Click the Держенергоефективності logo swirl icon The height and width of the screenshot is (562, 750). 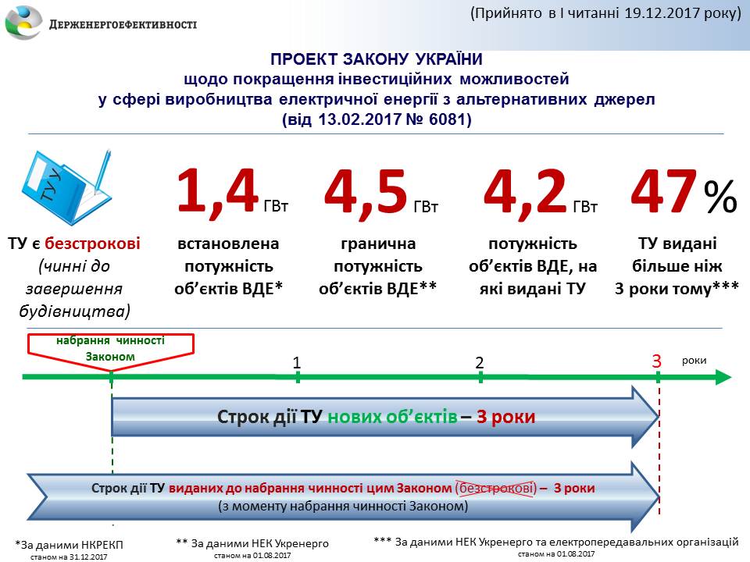pyautogui.click(x=23, y=23)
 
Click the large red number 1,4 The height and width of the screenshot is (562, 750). pyautogui.click(x=218, y=192)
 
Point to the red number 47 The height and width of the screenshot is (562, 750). pyautogui.click(x=663, y=191)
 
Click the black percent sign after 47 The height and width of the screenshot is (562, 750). pyautogui.click(x=720, y=196)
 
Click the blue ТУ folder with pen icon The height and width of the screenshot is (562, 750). pyautogui.click(x=66, y=187)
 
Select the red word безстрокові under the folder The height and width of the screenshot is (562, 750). pyautogui.click(x=92, y=244)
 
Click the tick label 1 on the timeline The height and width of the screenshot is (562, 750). pyautogui.click(x=297, y=363)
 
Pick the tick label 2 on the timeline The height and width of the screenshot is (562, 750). pyautogui.click(x=480, y=363)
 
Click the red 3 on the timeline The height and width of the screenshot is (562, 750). pyautogui.click(x=657, y=361)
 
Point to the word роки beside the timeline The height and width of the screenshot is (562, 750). pyautogui.click(x=694, y=361)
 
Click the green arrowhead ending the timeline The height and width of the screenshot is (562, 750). pyautogui.click(x=723, y=377)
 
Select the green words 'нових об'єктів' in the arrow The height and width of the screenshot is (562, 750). pyautogui.click(x=392, y=417)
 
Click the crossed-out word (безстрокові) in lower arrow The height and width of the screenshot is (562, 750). pyautogui.click(x=496, y=489)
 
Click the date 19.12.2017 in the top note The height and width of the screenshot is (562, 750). pyautogui.click(x=662, y=13)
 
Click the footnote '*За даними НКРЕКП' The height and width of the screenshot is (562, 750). pyautogui.click(x=69, y=545)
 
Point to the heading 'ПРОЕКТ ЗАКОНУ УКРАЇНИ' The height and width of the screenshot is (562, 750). pyautogui.click(x=377, y=59)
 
